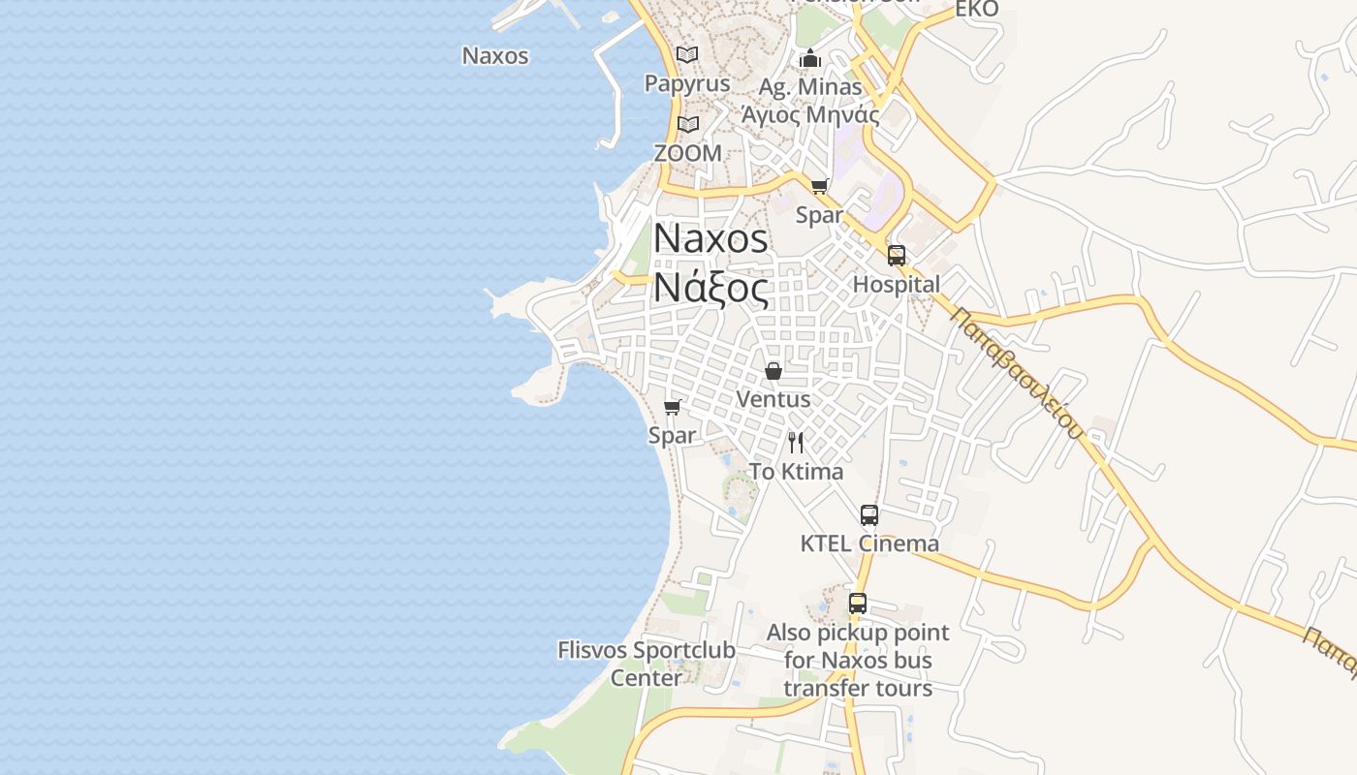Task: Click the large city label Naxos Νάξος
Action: [x=711, y=263]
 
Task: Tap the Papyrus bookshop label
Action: [x=687, y=83]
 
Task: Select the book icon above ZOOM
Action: [x=688, y=124]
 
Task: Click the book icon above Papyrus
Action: [x=687, y=54]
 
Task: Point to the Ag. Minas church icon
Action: [x=810, y=58]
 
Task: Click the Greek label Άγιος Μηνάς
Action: [x=810, y=115]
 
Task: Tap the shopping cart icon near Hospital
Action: [x=820, y=186]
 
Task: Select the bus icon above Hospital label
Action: [x=897, y=256]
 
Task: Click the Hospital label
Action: [x=897, y=285]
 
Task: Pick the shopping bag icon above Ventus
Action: [x=773, y=370]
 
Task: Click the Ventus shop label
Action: [x=773, y=399]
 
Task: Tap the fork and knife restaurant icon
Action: [x=796, y=443]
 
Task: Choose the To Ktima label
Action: [x=796, y=472]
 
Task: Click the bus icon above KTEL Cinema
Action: [x=869, y=515]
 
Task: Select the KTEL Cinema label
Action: [x=869, y=543]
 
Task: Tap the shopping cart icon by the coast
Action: [x=672, y=407]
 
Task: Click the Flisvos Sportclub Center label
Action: [x=647, y=663]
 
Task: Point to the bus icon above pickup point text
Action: [x=858, y=604]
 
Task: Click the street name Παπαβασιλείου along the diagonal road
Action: [x=1017, y=372]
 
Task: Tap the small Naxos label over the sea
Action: [x=495, y=55]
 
